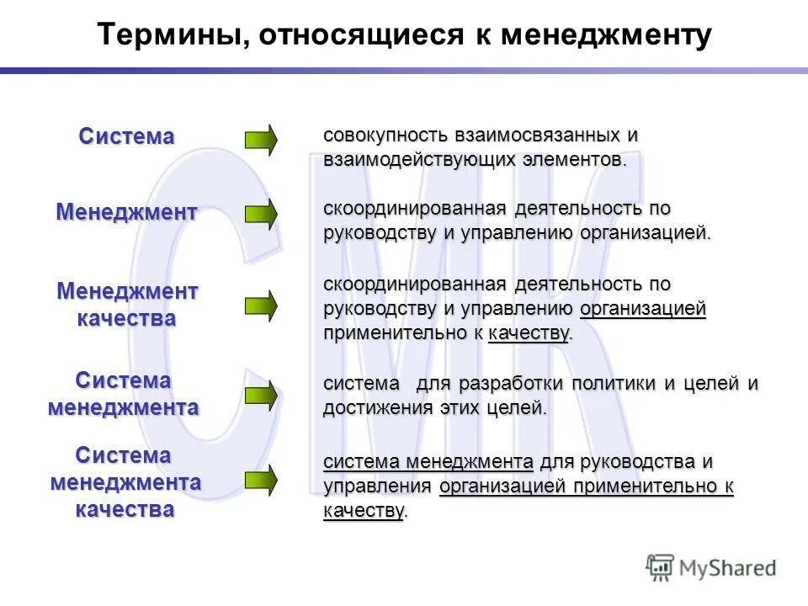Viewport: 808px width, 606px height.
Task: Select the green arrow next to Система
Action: (260, 140)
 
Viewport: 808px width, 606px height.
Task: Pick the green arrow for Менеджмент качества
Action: (260, 306)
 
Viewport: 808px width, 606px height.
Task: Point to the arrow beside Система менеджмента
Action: (260, 394)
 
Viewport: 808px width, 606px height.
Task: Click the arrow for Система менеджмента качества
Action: (260, 480)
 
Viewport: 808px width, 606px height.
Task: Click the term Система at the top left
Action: (127, 136)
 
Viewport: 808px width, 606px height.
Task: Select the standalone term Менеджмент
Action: (127, 212)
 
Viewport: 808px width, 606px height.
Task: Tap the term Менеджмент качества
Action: (127, 305)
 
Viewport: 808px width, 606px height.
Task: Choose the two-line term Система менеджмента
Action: (124, 394)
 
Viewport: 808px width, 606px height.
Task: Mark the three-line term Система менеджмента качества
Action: (125, 482)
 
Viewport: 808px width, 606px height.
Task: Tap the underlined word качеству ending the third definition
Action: (529, 333)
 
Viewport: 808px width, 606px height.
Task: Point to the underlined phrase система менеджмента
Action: (428, 462)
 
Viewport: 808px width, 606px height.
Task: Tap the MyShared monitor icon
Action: (661, 567)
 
